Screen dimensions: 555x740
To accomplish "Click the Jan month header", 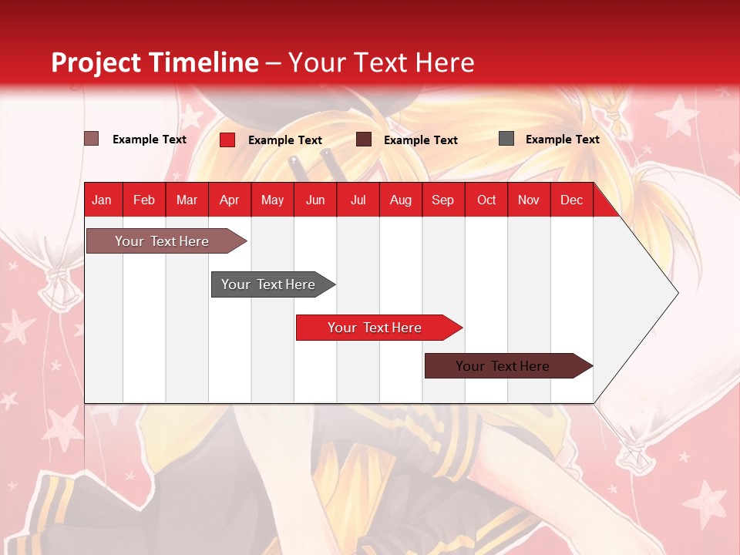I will click(103, 200).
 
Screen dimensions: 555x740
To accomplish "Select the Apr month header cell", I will click(230, 200).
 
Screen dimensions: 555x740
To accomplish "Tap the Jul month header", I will click(358, 200).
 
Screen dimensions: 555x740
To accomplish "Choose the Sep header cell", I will click(443, 200).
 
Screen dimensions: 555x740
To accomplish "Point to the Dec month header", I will click(571, 200).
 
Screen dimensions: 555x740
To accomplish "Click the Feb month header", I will click(144, 200).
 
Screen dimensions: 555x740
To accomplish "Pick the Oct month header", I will click(486, 200).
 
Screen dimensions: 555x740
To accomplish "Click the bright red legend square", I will click(227, 140).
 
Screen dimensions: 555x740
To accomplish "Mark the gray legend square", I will click(506, 139).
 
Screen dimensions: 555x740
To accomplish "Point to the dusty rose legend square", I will click(92, 139).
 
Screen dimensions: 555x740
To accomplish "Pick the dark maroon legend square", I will click(364, 140).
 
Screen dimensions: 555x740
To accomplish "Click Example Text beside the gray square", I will click(562, 140).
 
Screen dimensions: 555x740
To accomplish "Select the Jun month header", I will click(315, 200).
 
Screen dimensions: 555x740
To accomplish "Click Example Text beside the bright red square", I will click(284, 140).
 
